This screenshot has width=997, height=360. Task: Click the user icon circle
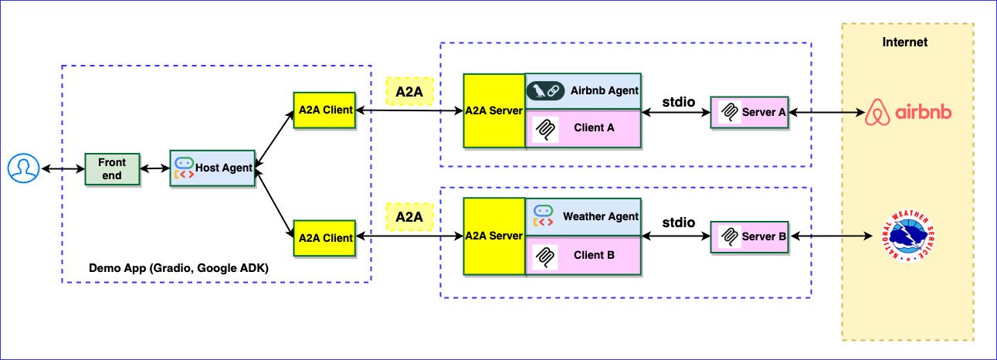pyautogui.click(x=23, y=168)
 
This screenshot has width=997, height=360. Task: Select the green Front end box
pyautogui.click(x=112, y=168)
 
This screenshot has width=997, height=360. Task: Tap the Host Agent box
pyautogui.click(x=212, y=168)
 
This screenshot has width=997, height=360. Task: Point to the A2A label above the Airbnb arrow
pyautogui.click(x=409, y=92)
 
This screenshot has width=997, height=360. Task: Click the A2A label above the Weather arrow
pyautogui.click(x=409, y=217)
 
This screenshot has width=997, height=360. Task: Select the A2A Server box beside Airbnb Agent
pyautogui.click(x=494, y=110)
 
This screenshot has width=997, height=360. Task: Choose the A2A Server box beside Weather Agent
pyautogui.click(x=494, y=236)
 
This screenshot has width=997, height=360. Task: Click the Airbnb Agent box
pyautogui.click(x=583, y=91)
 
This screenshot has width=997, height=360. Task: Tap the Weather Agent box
pyautogui.click(x=583, y=217)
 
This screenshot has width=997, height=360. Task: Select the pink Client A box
pyautogui.click(x=583, y=128)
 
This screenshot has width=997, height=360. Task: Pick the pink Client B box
pyautogui.click(x=583, y=255)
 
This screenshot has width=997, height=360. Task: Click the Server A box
pyautogui.click(x=749, y=113)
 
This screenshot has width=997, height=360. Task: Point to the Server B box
pyautogui.click(x=749, y=236)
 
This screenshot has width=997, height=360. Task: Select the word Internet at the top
pyautogui.click(x=905, y=42)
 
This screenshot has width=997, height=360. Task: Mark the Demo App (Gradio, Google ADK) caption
pyautogui.click(x=178, y=269)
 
